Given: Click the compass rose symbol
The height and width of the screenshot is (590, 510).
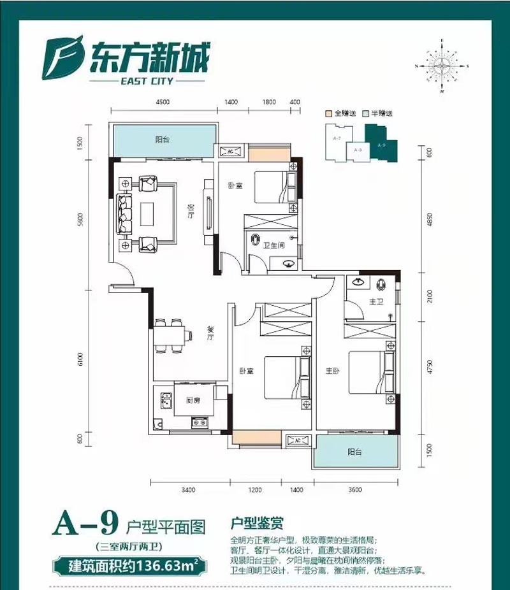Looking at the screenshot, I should tap(442, 66).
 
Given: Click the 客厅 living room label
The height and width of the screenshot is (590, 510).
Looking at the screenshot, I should tap(189, 212).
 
